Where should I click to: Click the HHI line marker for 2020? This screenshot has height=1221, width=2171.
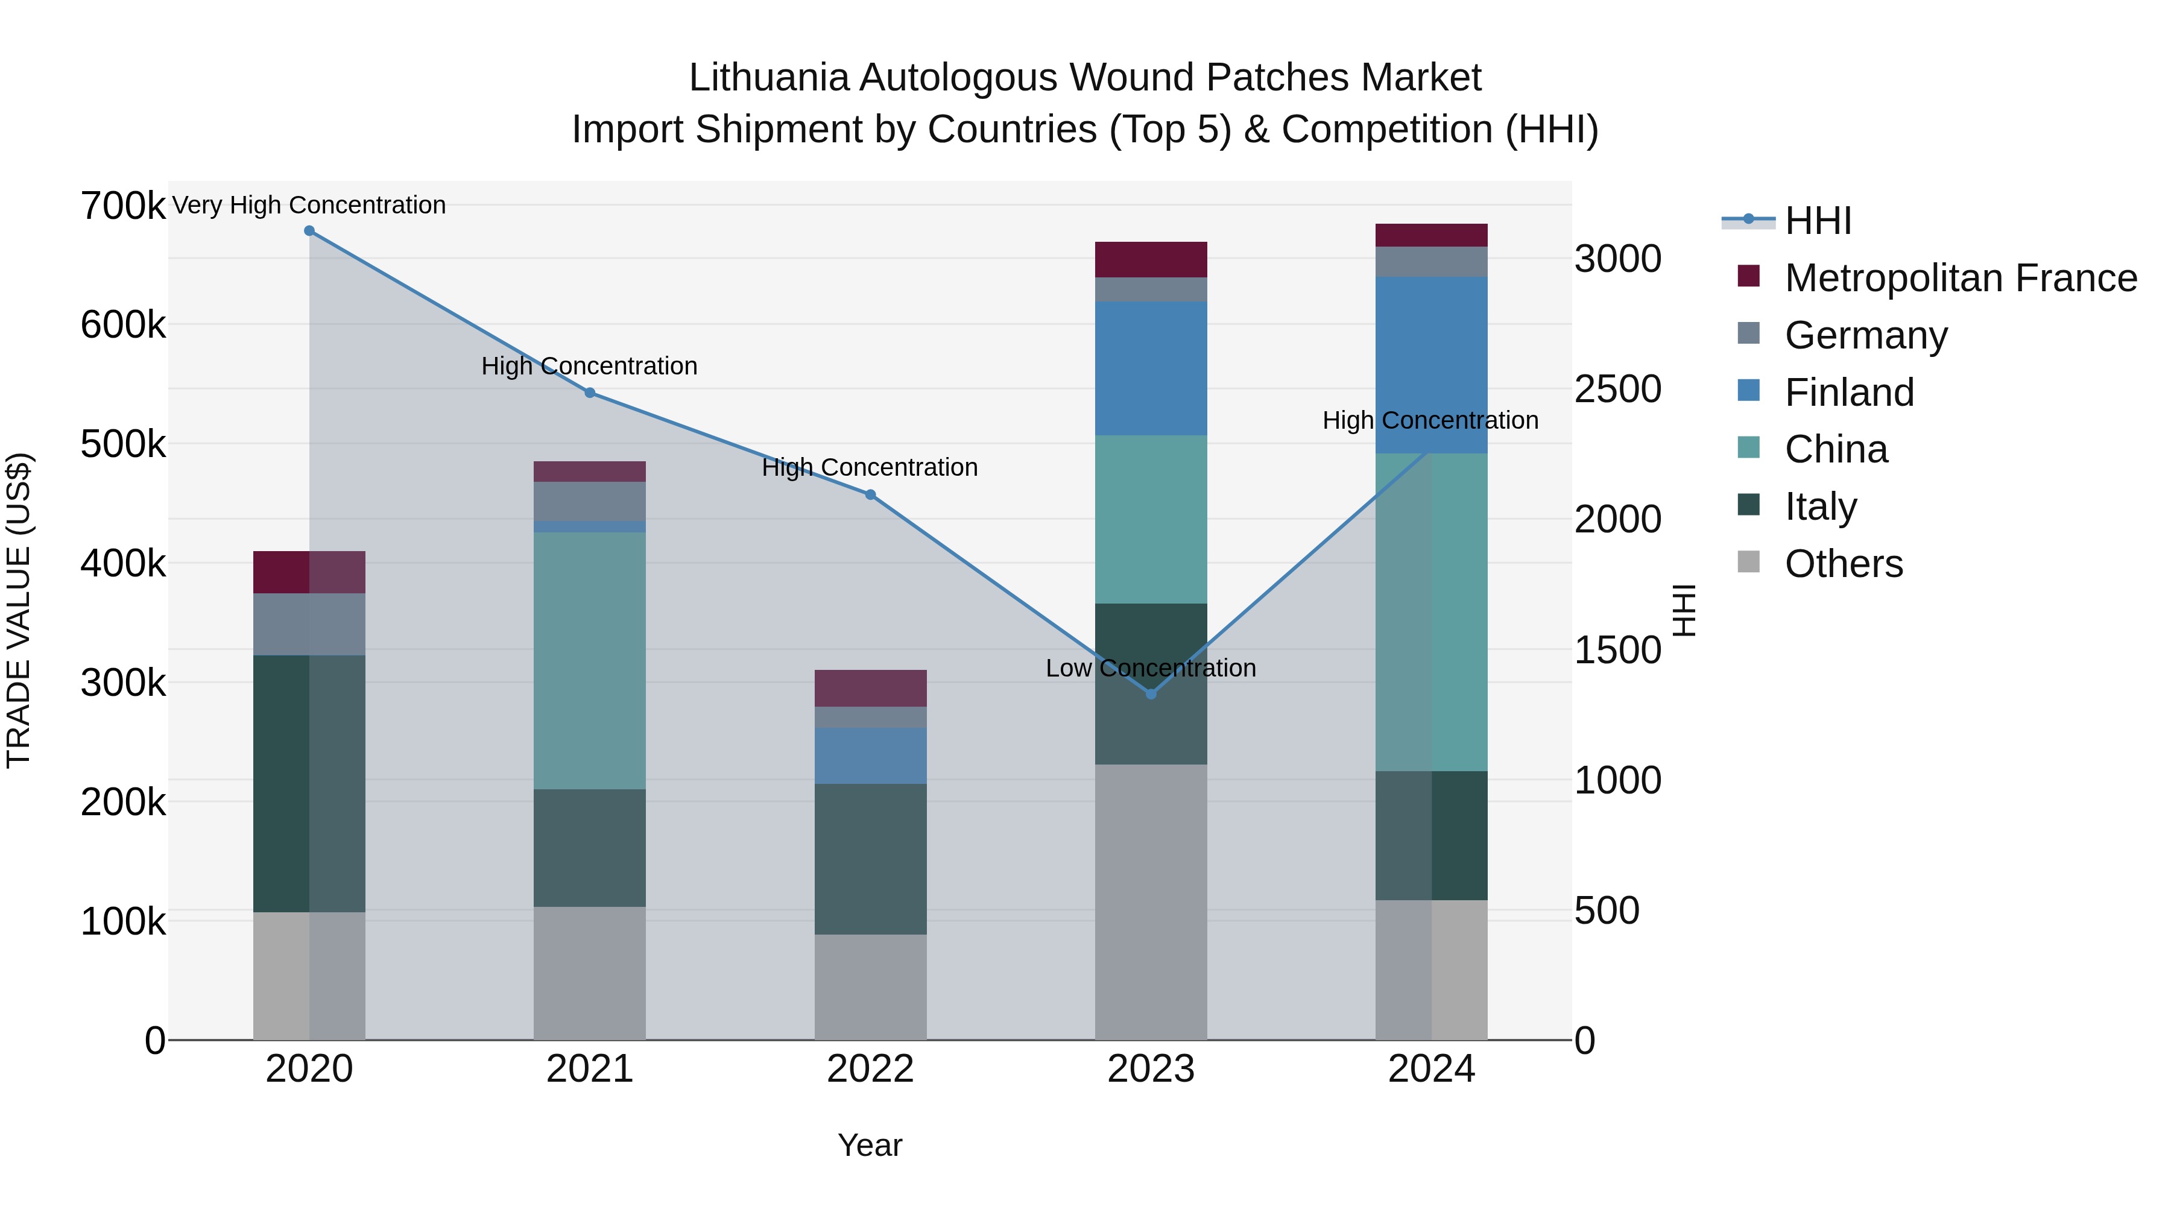click(x=309, y=231)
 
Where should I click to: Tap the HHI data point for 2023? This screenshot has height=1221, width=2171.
click(x=1151, y=693)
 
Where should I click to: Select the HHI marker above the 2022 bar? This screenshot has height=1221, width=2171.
click(x=871, y=494)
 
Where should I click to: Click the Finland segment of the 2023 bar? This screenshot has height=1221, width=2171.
click(x=1151, y=368)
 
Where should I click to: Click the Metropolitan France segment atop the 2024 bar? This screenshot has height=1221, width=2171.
click(x=1431, y=235)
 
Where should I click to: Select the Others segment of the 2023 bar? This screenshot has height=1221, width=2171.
click(x=1151, y=901)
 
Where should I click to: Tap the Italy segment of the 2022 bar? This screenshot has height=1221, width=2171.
click(x=871, y=859)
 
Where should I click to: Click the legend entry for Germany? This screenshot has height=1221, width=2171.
click(x=1865, y=335)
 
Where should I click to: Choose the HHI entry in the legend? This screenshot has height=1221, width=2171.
click(x=1818, y=221)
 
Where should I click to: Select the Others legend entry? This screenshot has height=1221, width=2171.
click(x=1843, y=564)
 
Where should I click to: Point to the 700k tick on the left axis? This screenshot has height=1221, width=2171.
click(x=123, y=206)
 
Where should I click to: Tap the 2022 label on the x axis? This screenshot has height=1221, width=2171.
click(x=871, y=1069)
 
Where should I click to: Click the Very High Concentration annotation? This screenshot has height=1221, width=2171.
click(x=309, y=205)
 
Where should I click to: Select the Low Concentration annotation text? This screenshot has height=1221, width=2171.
click(x=1151, y=668)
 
